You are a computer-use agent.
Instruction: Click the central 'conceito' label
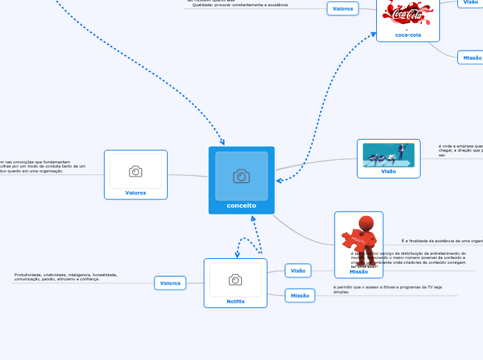[241, 206]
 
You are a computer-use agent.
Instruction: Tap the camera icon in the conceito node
[241, 176]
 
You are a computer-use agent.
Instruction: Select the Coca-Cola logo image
[407, 13]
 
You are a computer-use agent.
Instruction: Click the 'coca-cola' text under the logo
[407, 35]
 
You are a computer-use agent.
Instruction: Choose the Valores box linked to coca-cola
[342, 9]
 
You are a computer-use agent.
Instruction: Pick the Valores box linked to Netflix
[170, 283]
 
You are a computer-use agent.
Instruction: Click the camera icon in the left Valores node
[136, 171]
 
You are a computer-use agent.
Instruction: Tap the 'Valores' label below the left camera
[136, 193]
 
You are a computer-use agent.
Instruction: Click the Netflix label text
[236, 301]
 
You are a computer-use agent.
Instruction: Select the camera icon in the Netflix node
[236, 280]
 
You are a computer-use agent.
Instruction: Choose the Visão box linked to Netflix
[298, 271]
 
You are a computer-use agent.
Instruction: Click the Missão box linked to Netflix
[300, 296]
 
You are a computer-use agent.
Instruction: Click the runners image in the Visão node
[388, 155]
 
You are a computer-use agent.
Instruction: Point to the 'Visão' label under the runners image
[389, 171]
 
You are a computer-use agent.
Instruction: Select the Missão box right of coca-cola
[471, 58]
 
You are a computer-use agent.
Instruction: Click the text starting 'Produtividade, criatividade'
[66, 277]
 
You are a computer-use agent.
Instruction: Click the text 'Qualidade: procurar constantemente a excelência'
[240, 5]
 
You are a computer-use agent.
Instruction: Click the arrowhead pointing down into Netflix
[238, 255]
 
